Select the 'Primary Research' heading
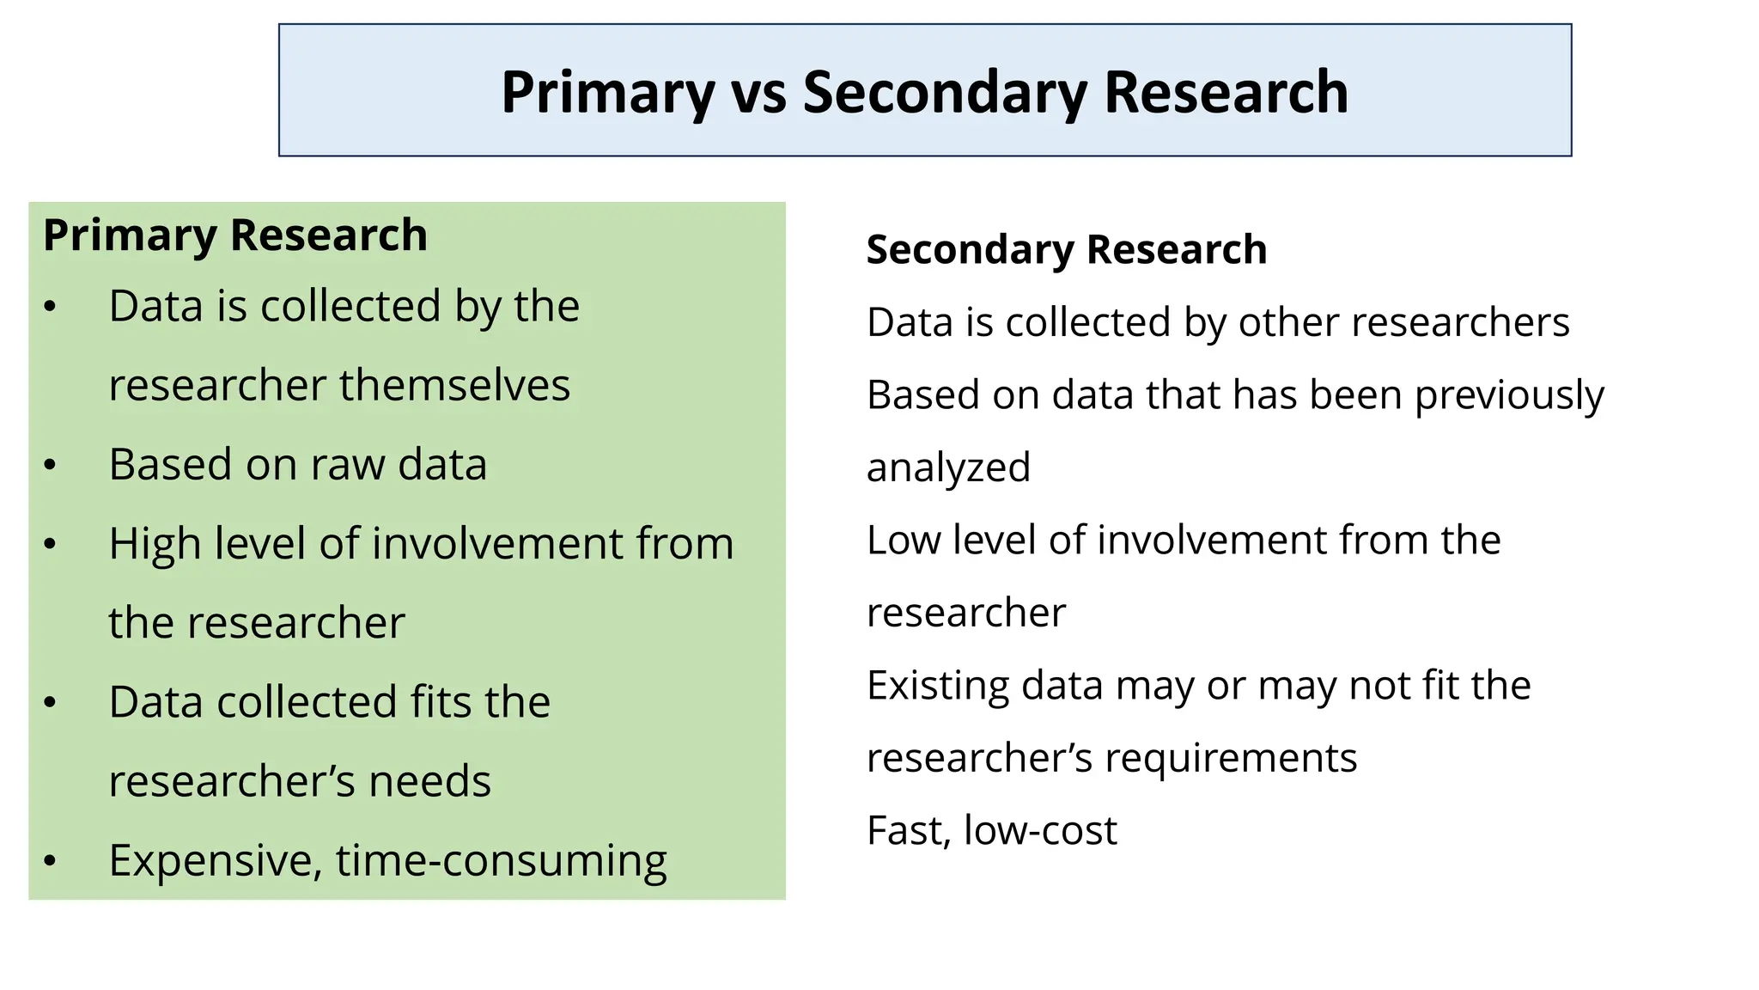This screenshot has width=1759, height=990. click(234, 235)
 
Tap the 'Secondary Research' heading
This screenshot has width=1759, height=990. click(1066, 250)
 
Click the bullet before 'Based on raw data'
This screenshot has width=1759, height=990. click(50, 465)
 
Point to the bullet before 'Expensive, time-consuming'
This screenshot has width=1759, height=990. click(50, 860)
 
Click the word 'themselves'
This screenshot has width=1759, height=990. click(454, 385)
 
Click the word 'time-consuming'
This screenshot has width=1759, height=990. click(501, 860)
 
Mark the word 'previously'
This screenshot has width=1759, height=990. click(1508, 396)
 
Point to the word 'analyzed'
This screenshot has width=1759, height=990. click(948, 468)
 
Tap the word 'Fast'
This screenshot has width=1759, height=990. click(909, 831)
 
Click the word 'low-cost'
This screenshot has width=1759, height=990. click(1040, 831)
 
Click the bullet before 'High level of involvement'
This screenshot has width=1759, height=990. click(50, 544)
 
